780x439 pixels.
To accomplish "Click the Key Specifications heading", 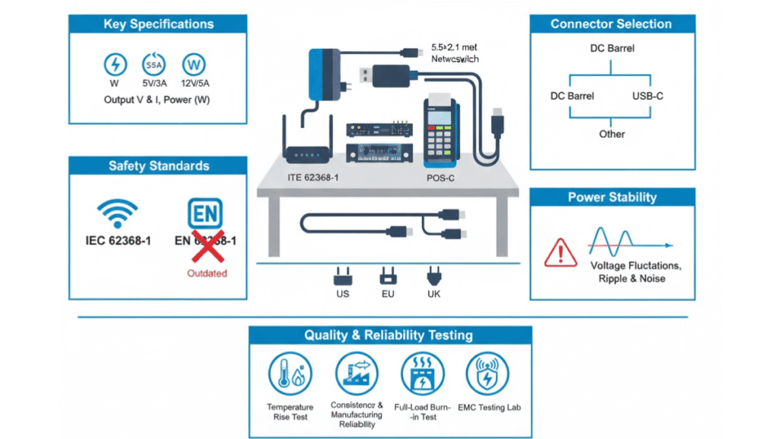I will (x=158, y=24).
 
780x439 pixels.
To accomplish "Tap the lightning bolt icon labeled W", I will (x=115, y=64).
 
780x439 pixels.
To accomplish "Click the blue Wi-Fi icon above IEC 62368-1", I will (x=118, y=213).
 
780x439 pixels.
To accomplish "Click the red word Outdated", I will (x=207, y=273).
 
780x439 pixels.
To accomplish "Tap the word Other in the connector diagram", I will (x=612, y=134).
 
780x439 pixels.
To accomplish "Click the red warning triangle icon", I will (x=560, y=252).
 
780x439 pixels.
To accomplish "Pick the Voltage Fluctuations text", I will (x=636, y=266).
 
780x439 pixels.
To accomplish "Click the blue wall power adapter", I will (x=324, y=73).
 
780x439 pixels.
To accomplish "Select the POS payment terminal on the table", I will (x=440, y=130).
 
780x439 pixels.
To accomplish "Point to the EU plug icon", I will (x=388, y=275).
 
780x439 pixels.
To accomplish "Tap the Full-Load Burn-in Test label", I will (x=422, y=412).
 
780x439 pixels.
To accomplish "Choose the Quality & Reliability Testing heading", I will (x=388, y=335).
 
